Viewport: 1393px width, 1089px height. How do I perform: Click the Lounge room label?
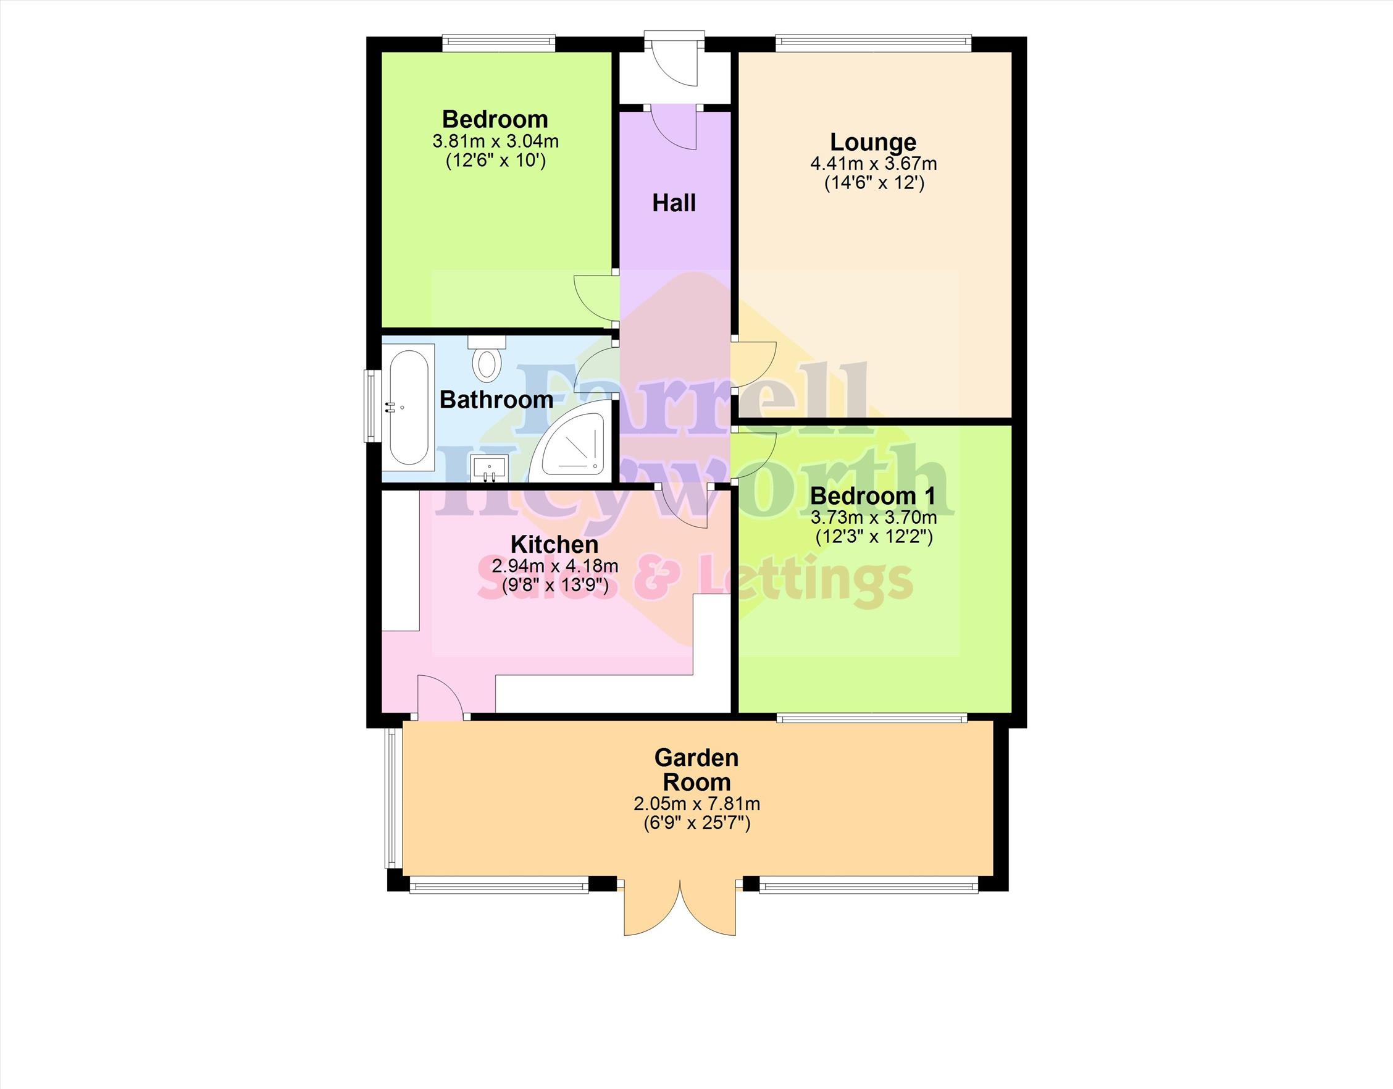872,141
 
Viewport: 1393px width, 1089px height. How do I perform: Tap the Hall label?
674,203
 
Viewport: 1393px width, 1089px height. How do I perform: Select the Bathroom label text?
496,400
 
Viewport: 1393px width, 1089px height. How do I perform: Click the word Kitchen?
554,544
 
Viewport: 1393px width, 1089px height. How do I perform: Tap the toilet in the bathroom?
487,356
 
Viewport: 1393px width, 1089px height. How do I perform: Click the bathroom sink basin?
489,468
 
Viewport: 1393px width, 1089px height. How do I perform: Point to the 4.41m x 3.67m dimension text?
873,164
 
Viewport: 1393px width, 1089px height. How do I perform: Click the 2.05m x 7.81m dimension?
696,804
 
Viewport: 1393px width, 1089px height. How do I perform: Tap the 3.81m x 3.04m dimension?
496,140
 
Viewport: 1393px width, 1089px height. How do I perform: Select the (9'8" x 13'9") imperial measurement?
554,584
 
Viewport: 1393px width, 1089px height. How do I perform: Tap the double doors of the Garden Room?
680,909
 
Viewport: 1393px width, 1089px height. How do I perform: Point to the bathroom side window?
369,406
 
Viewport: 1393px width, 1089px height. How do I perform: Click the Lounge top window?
873,43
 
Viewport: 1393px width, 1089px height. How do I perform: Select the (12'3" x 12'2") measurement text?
874,537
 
